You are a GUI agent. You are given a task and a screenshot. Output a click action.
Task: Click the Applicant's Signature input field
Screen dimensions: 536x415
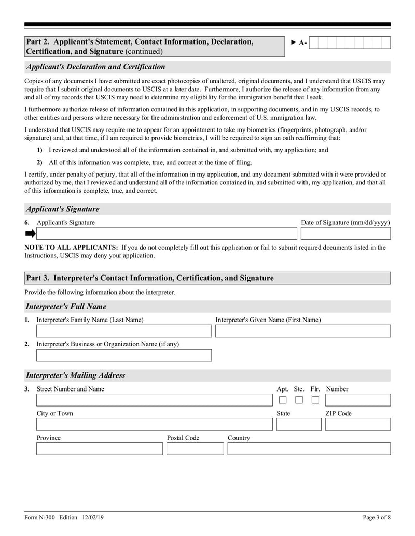coord(166,234)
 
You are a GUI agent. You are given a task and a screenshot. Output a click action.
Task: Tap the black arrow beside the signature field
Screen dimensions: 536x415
coord(30,234)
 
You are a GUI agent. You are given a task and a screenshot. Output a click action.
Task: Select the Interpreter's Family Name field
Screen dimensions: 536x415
coord(124,331)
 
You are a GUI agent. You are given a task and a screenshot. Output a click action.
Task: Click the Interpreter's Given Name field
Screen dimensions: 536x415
coord(302,331)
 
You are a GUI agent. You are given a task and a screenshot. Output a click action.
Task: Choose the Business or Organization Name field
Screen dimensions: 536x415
coord(124,355)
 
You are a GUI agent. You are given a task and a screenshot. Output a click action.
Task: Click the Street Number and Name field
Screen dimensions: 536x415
coord(154,400)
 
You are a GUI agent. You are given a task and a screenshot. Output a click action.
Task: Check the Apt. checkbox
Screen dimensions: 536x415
coord(283,400)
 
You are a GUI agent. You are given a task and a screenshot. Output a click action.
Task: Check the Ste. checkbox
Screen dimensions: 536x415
coord(299,400)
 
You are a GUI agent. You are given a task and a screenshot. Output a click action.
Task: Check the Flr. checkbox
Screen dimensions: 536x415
coord(315,400)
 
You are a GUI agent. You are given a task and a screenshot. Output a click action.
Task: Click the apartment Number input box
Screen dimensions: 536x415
coord(357,400)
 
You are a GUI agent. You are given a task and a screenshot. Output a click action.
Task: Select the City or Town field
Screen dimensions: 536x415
coord(154,425)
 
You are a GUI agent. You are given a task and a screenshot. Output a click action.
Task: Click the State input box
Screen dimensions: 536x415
coord(299,425)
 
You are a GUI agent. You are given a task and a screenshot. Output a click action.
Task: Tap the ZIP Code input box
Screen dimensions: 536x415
coord(357,425)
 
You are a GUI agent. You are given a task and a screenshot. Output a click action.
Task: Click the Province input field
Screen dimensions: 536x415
coord(99,448)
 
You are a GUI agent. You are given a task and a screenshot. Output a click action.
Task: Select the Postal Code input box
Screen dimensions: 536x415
coord(195,448)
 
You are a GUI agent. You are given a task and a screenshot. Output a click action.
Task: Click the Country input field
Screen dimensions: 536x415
coord(309,448)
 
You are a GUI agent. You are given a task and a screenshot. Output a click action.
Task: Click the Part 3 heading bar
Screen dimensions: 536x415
coord(208,278)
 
